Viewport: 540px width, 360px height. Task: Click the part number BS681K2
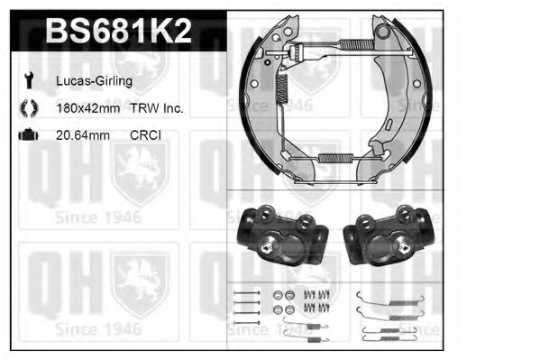point(118,31)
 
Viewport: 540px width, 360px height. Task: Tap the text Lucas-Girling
point(94,81)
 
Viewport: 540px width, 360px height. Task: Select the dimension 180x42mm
point(88,108)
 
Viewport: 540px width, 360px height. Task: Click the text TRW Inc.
point(157,108)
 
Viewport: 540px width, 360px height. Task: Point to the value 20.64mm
point(83,135)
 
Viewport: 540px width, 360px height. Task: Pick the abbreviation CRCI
point(145,135)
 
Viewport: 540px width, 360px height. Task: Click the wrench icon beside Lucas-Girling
point(29,80)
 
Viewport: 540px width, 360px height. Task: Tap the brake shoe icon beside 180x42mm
point(29,108)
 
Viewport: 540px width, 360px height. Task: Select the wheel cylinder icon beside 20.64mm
point(28,134)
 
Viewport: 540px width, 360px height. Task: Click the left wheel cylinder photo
point(282,235)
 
